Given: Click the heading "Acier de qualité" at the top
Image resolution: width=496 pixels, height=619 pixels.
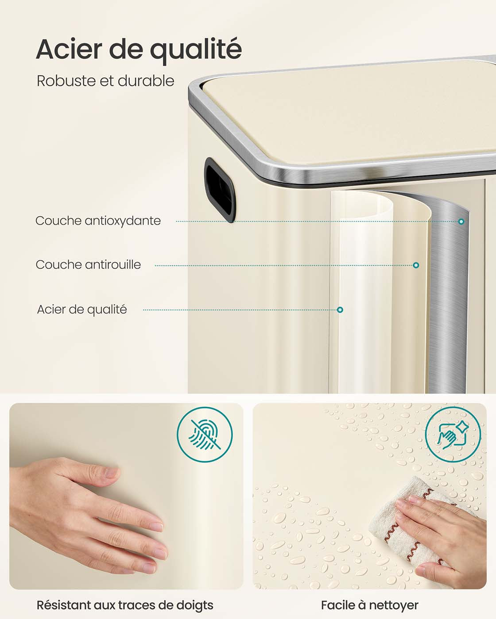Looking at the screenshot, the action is click(139, 50).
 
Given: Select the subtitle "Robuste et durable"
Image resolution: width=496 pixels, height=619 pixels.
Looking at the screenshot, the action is click(105, 81).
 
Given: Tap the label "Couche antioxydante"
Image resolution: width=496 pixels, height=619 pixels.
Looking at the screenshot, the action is click(98, 221).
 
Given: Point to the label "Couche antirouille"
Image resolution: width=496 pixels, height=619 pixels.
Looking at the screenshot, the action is click(88, 265).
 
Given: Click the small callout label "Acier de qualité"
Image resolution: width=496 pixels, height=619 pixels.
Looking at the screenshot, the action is click(82, 309).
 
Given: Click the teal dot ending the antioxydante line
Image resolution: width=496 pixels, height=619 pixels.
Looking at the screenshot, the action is click(461, 222).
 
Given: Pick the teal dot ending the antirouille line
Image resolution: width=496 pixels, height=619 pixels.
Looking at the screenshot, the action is click(416, 265).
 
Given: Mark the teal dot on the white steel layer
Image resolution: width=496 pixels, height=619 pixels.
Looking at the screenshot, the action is click(340, 310).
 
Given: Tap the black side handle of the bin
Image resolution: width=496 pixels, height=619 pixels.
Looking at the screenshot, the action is click(220, 190).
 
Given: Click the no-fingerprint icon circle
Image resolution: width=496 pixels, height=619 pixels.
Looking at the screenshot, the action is click(205, 435).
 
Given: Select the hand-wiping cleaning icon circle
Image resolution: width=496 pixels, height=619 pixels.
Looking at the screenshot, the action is click(453, 435).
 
